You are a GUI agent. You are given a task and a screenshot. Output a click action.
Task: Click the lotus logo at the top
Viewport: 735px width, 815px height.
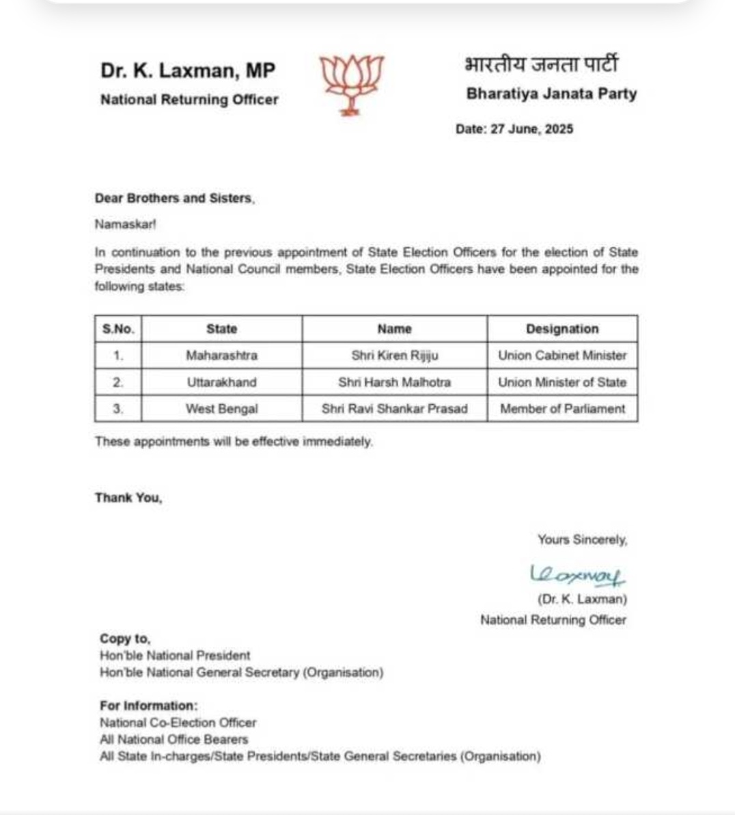point(352,83)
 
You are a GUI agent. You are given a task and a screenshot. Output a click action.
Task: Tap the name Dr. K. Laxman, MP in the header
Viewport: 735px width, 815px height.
point(188,70)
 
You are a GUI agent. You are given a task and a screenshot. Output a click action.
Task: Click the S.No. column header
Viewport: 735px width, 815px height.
point(118,329)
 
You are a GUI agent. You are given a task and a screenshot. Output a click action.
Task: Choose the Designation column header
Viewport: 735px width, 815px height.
point(562,329)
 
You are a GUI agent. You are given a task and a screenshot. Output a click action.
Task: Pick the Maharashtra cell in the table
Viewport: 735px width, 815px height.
point(221,356)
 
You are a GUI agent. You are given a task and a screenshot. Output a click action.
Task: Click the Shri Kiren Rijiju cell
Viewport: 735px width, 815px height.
point(395,356)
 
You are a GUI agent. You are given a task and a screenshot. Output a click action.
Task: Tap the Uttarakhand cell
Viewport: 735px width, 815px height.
point(221,382)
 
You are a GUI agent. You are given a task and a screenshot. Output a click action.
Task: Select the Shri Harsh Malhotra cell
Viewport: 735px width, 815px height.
point(395,382)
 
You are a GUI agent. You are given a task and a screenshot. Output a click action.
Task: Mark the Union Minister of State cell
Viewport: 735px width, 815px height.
point(562,382)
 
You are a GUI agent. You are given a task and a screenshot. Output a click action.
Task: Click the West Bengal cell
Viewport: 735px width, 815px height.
point(221,409)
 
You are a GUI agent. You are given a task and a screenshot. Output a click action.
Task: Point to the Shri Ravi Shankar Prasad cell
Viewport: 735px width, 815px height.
point(395,409)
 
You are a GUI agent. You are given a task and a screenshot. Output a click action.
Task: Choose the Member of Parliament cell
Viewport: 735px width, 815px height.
point(562,409)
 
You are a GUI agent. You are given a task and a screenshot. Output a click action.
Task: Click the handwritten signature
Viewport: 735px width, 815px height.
point(577,575)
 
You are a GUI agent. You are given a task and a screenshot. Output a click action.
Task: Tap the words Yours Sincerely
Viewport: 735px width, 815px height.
point(582,540)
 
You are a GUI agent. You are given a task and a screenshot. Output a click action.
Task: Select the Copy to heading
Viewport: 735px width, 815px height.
point(125,639)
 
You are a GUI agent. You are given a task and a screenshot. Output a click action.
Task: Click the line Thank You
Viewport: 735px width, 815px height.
point(128,498)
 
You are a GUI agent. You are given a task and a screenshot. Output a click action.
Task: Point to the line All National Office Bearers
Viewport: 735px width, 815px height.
point(174,739)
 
